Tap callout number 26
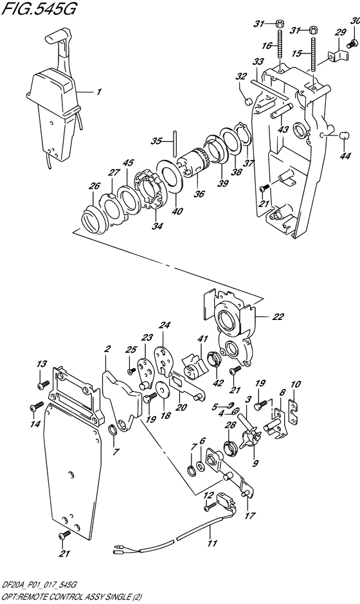(94, 186)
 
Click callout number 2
(107, 349)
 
